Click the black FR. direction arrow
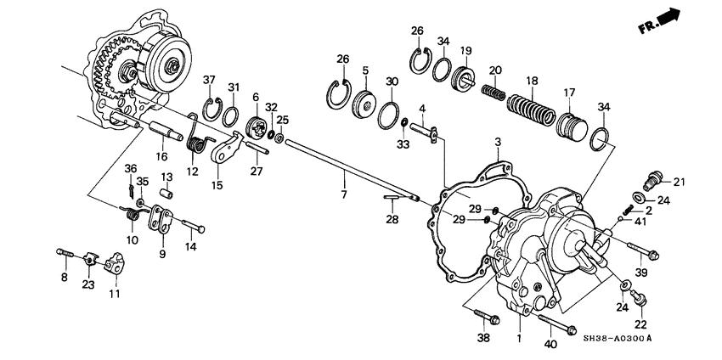coord(668,17)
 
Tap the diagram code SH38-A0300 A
coord(617,339)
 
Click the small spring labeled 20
coord(494,93)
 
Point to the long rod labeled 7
coord(353,171)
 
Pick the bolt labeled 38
coord(486,316)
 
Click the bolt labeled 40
coord(557,324)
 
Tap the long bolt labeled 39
coord(643,250)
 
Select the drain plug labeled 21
coord(653,180)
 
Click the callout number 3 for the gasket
coord(497,143)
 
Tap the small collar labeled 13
coord(166,194)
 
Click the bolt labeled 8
coord(65,253)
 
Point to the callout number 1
coord(519,340)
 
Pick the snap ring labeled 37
coord(212,110)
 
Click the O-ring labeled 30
coord(389,115)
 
